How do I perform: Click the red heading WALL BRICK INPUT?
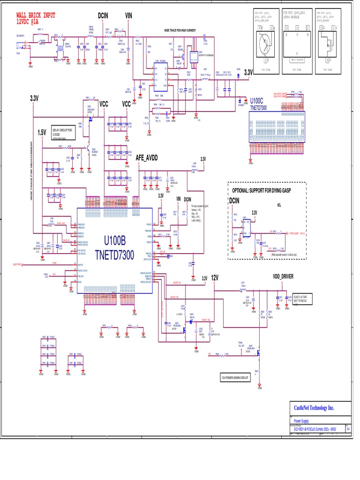36,15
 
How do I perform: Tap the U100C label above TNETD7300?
257,101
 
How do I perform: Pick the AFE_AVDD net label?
147,158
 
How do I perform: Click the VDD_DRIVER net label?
283,277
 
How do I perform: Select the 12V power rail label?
215,277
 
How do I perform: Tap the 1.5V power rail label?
42,133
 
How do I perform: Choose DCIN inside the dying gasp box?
234,201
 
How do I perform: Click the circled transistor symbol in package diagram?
265,43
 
